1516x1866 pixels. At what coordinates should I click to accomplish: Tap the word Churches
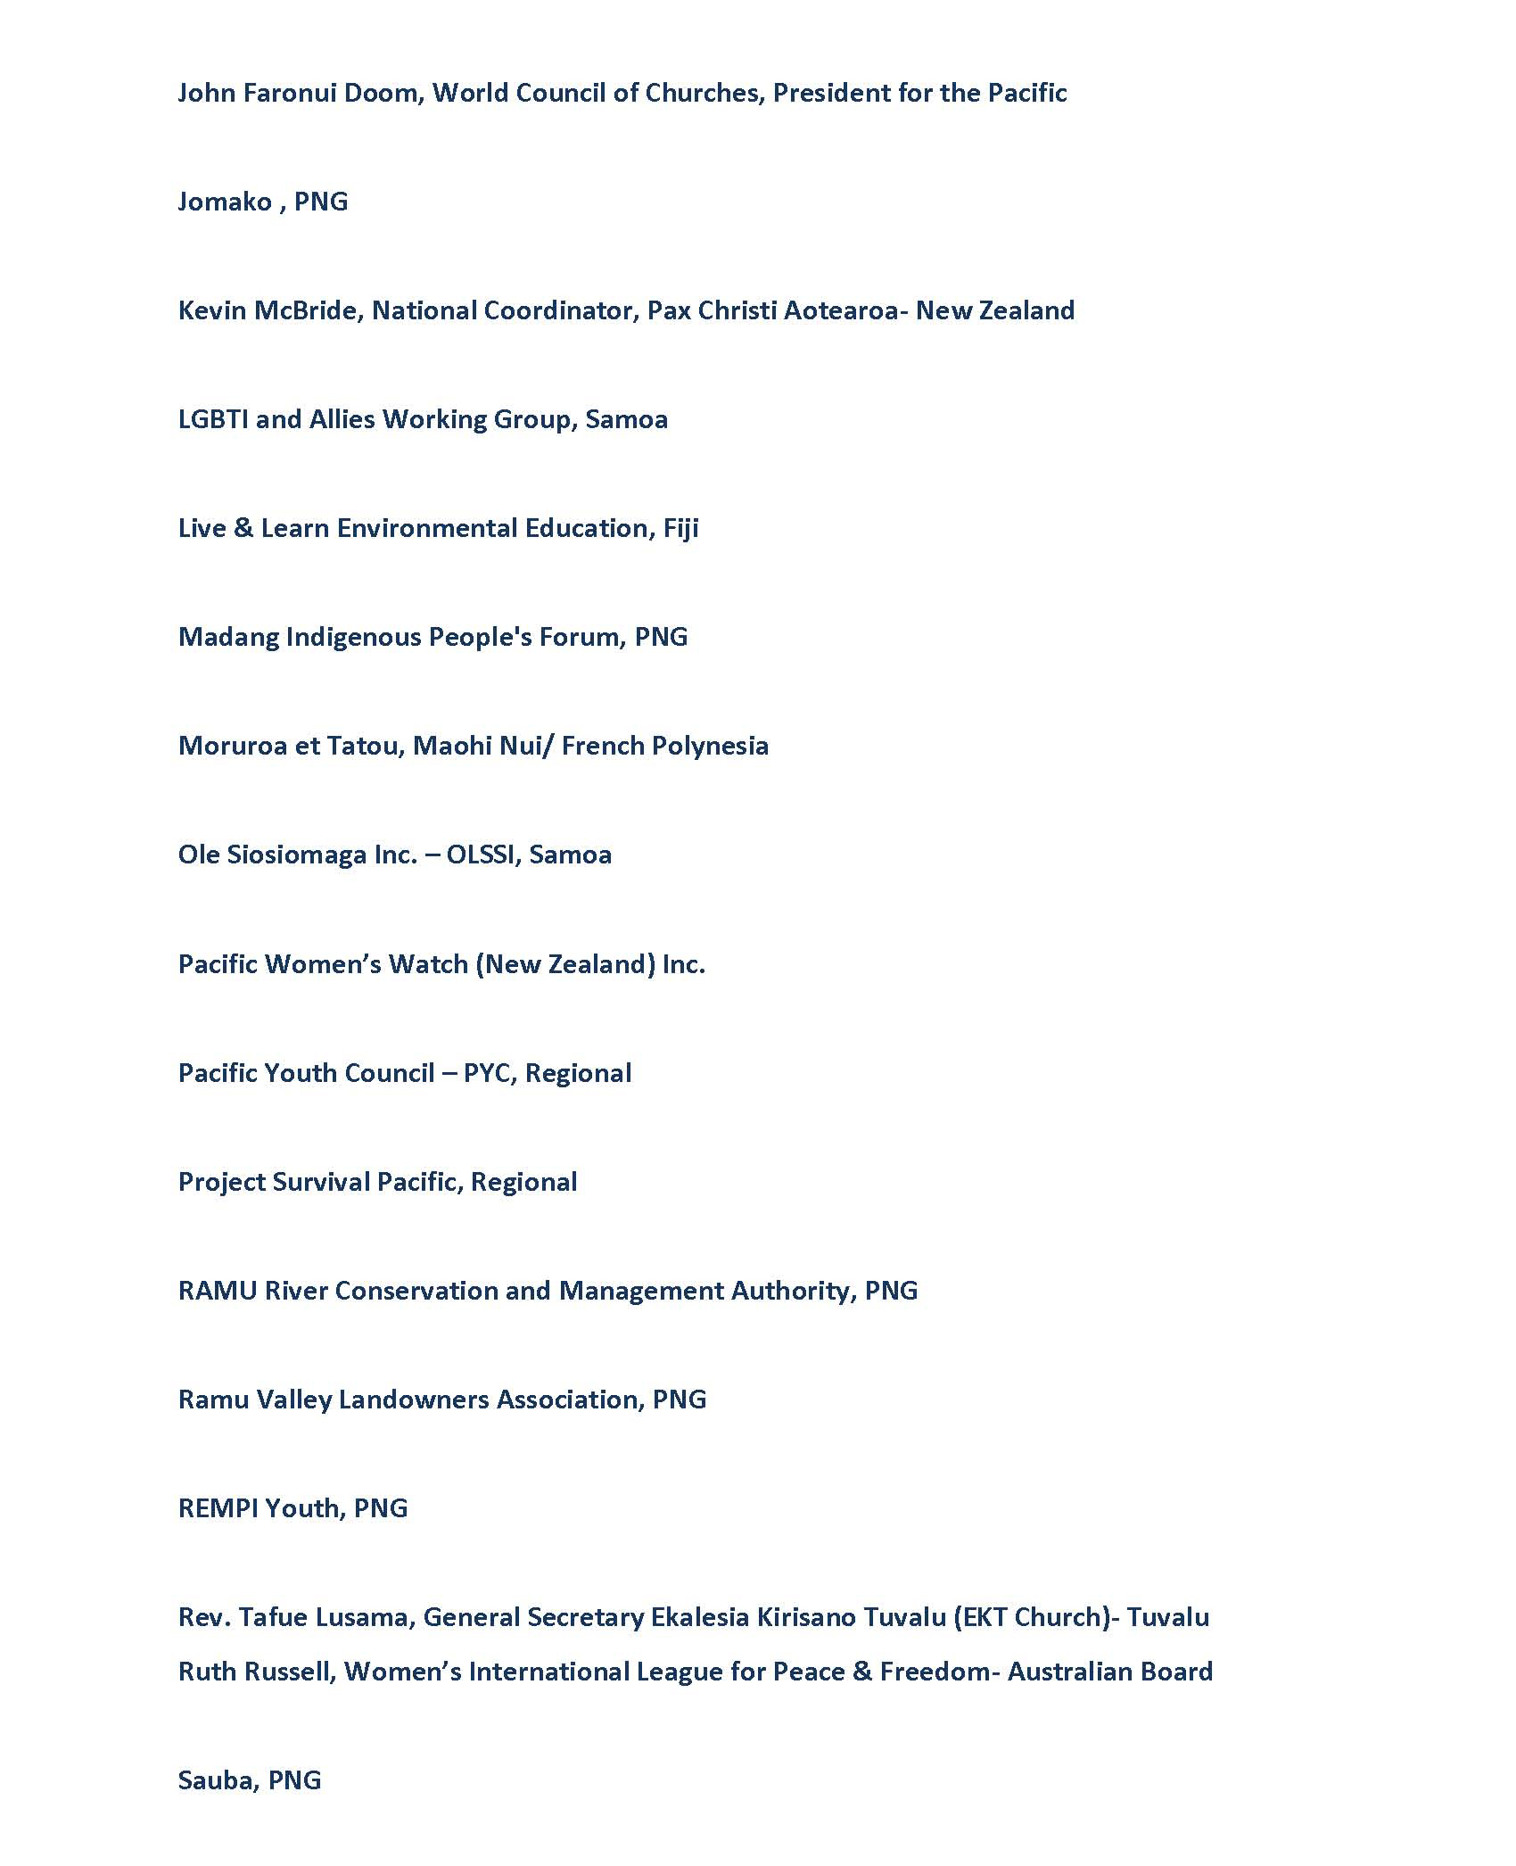704,93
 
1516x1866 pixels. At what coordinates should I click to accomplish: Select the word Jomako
225,202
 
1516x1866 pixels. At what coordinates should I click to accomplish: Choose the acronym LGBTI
213,419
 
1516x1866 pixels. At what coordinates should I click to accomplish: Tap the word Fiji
680,529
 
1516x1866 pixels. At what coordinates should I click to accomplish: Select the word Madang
228,638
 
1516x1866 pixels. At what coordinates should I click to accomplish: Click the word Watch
428,964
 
